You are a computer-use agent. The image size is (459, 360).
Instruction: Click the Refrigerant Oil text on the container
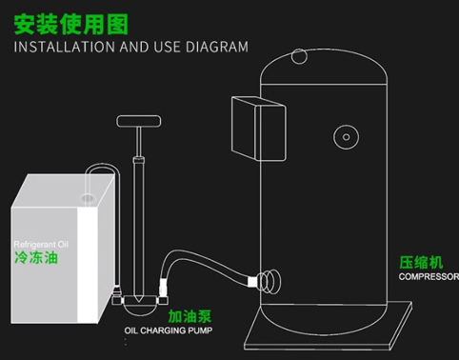coord(42,244)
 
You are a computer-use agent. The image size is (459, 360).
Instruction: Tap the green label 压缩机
coord(420,263)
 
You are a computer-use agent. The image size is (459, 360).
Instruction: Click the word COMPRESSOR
coord(428,277)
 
